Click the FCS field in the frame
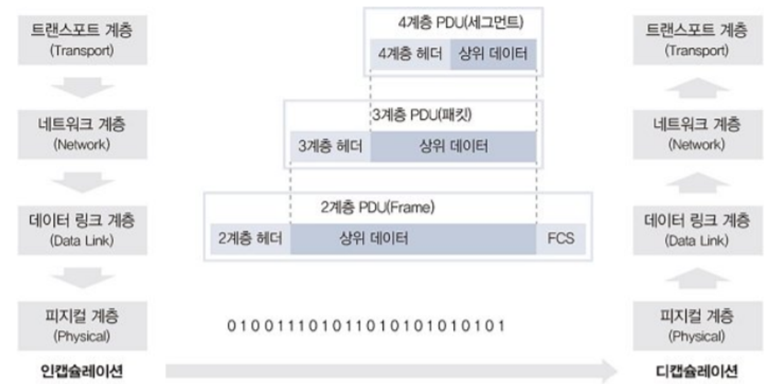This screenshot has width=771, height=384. click(x=561, y=238)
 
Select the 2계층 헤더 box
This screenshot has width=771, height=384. click(x=251, y=238)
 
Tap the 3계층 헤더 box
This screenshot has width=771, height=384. click(x=330, y=146)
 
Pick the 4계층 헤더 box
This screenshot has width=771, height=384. click(x=410, y=54)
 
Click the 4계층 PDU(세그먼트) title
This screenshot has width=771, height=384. click(x=461, y=23)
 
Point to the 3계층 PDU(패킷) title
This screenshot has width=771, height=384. click(x=422, y=115)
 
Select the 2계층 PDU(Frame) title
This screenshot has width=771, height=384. click(x=377, y=207)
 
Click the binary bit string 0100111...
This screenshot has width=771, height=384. click(x=366, y=326)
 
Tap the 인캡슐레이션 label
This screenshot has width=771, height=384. click(x=82, y=371)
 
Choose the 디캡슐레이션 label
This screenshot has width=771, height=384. click(x=697, y=371)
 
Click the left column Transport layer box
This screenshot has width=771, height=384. click(x=82, y=40)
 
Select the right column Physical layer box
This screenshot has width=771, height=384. click(x=697, y=326)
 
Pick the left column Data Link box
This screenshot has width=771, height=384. click(x=82, y=230)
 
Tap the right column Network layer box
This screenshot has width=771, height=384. click(x=697, y=134)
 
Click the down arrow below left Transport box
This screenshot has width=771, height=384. click(x=82, y=87)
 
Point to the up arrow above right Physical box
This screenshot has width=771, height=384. click(x=697, y=278)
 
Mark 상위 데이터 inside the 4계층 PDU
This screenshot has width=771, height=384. click(x=493, y=54)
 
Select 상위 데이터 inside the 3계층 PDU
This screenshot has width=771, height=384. click(x=453, y=146)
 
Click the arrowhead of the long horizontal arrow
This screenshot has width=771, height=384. click(x=609, y=371)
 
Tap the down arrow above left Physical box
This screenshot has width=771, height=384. click(x=82, y=278)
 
